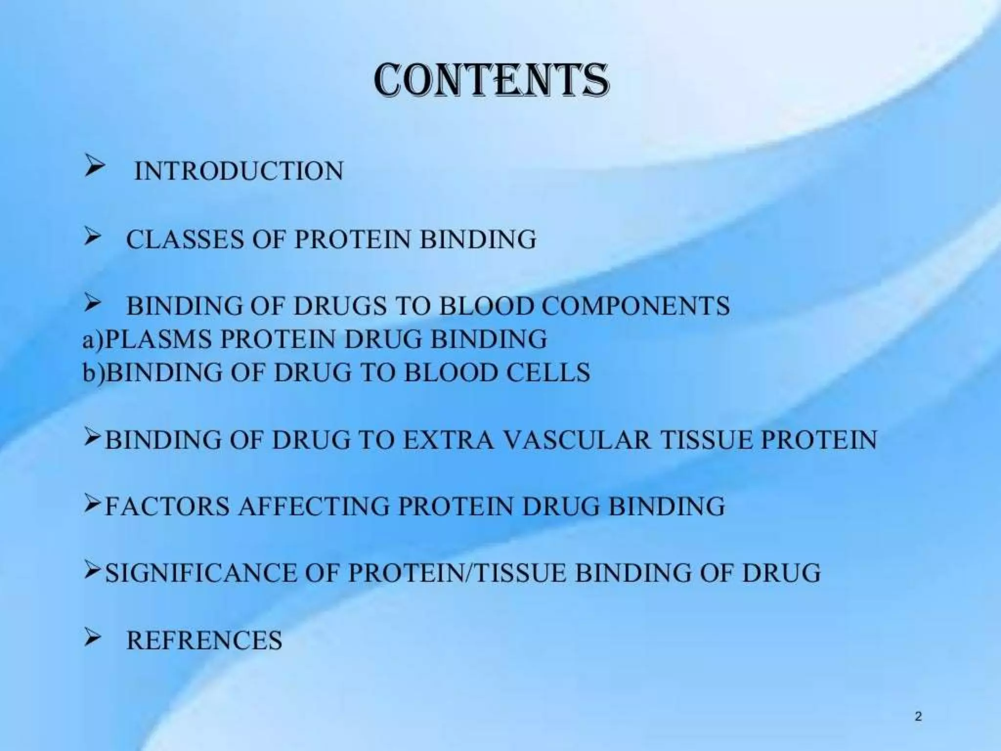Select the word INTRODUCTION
tap(239, 171)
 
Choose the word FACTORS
tap(167, 506)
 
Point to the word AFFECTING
tap(314, 506)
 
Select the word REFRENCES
tap(204, 641)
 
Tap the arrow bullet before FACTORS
tap(92, 505)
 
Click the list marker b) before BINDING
tap(93, 373)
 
